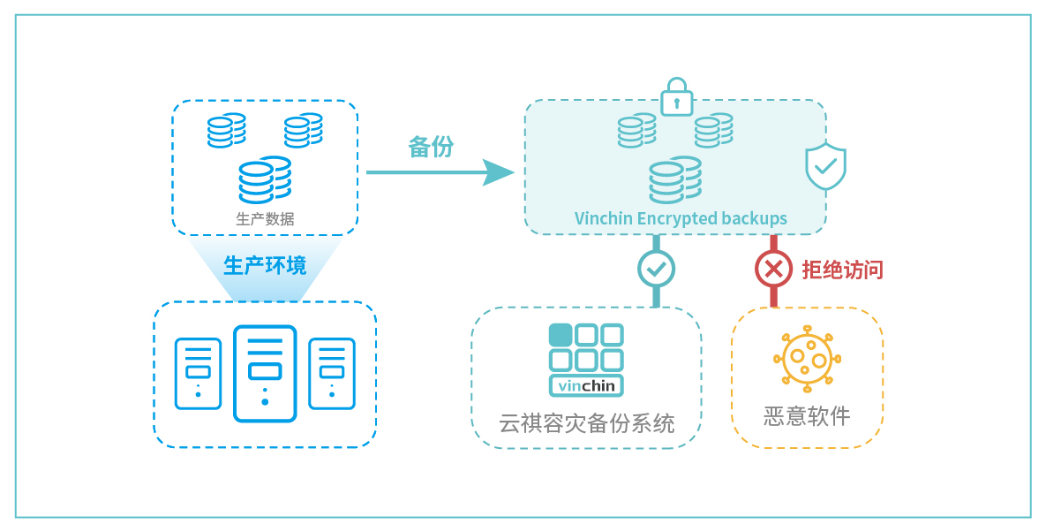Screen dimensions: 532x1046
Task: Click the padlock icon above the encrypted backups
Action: point(676,96)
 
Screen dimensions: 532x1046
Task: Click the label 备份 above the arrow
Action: point(430,147)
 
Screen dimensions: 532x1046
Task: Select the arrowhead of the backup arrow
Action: point(499,172)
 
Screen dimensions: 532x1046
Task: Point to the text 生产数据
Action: point(265,218)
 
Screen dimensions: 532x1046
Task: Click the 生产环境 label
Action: point(265,265)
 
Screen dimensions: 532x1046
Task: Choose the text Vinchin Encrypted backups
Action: point(681,218)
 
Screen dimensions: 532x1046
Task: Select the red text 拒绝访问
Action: point(841,270)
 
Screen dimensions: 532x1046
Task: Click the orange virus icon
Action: point(807,358)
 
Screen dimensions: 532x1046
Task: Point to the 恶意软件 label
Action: point(807,415)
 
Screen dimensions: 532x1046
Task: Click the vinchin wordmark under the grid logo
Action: point(586,386)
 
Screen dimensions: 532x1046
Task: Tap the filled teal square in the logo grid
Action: point(561,335)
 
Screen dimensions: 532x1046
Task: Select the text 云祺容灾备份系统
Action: point(586,423)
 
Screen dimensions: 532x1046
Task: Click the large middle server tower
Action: point(265,374)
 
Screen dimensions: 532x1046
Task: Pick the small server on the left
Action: point(198,374)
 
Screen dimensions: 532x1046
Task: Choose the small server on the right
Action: point(331,374)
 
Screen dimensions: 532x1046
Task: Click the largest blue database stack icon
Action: point(264,180)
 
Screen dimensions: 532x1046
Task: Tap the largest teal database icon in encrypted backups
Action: point(674,180)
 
